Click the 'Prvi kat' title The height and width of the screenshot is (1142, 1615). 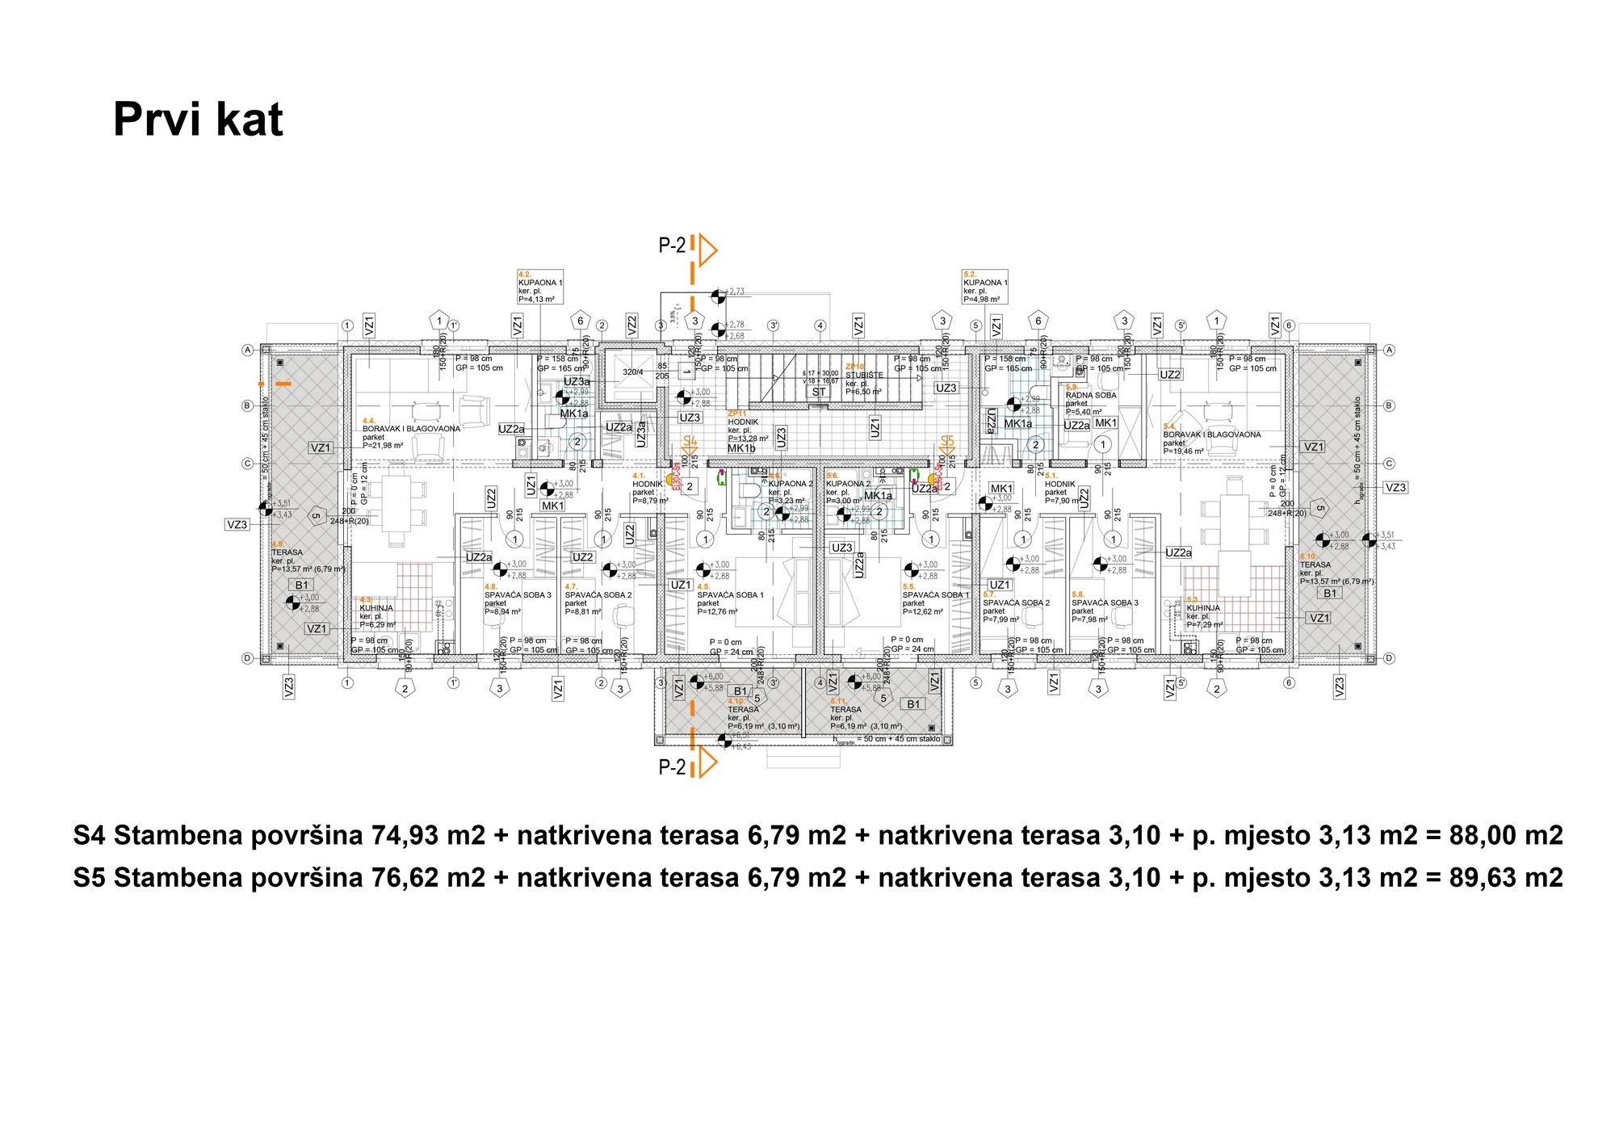point(198,120)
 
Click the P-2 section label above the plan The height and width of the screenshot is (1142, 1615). point(672,246)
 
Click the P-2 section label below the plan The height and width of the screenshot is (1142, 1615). point(672,767)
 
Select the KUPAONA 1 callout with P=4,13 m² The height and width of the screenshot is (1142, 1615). point(540,287)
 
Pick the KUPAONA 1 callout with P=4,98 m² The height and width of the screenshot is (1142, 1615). point(985,287)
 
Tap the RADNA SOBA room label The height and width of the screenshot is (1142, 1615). point(1091,396)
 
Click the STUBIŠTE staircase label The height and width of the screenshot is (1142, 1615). point(864,376)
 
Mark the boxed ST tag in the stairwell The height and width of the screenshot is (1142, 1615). point(819,392)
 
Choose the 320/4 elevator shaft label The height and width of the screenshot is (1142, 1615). point(633,372)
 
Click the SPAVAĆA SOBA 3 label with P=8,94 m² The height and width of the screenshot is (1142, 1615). point(518,595)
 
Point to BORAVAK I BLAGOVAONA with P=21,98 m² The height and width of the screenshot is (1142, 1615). point(411,430)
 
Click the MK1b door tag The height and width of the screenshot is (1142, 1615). point(740,448)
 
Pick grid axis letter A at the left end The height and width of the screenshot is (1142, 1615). point(248,350)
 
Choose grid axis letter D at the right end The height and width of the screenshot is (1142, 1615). point(1389,658)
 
